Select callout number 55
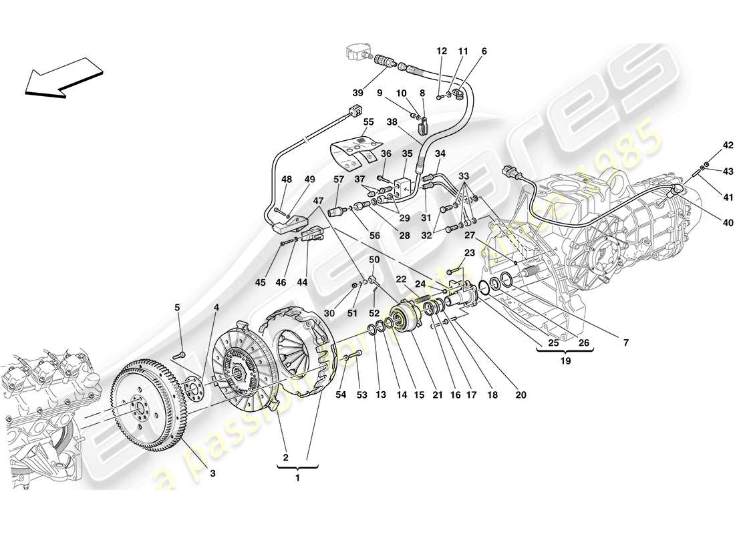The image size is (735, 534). point(369,122)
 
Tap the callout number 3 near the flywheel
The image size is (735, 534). point(212,473)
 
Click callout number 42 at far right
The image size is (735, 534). point(709,144)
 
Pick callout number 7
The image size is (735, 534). point(625,343)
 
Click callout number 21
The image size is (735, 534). point(438,395)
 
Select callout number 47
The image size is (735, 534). point(317,200)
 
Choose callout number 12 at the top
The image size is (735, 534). point(442,51)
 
